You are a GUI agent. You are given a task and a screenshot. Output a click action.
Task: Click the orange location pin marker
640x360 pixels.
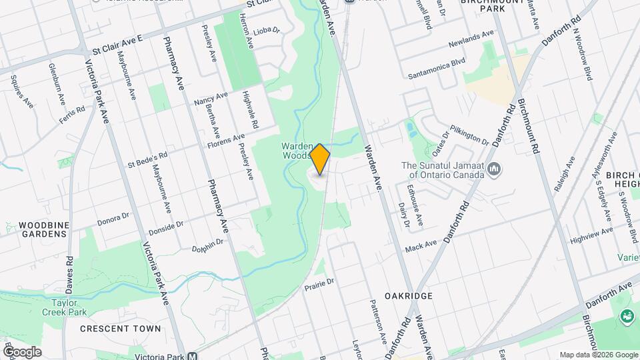point(320,159)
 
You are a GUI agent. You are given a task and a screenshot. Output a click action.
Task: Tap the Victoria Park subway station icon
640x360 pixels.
point(192,356)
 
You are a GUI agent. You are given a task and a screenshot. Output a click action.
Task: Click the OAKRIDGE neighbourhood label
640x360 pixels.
point(409,295)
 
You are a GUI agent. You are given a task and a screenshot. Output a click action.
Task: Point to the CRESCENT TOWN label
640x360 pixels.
point(120,328)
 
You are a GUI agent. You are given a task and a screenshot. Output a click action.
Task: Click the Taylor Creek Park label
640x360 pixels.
point(69,307)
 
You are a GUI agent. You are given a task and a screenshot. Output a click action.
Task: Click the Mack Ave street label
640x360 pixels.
point(420,247)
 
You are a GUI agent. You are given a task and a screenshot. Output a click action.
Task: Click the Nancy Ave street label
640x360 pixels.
point(211,98)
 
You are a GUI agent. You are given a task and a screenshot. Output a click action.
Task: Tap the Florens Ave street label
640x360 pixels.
point(225,141)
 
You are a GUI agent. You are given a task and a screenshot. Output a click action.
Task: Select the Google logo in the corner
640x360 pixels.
point(22,352)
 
